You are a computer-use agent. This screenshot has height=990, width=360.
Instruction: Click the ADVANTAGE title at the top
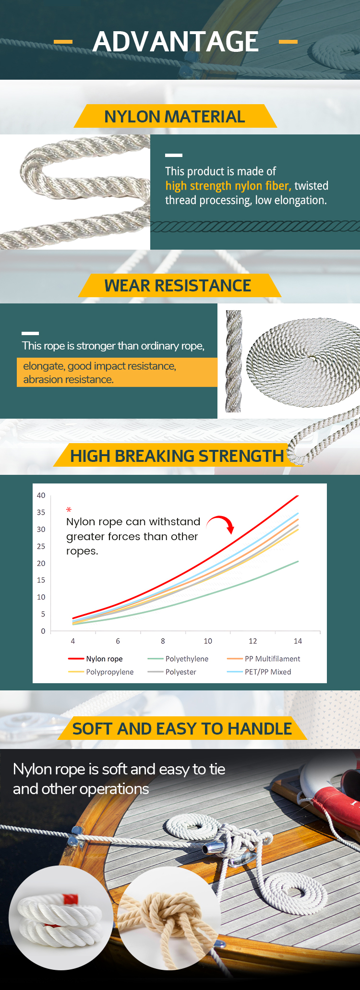[x=176, y=41]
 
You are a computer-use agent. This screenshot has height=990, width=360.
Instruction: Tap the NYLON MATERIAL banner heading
[x=175, y=117]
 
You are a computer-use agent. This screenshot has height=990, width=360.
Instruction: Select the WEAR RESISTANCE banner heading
[x=178, y=286]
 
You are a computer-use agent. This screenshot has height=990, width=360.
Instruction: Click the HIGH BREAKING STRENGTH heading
[x=177, y=456]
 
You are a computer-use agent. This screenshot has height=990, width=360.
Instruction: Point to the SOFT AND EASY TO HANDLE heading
[x=182, y=729]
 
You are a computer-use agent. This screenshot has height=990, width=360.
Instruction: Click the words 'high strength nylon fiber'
[x=228, y=186]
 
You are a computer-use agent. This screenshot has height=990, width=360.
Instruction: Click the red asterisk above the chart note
[x=69, y=510]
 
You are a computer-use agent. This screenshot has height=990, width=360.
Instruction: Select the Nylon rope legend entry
[x=96, y=659]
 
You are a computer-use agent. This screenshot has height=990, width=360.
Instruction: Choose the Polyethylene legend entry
[x=178, y=659]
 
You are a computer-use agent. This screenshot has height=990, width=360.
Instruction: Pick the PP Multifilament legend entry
[x=264, y=659]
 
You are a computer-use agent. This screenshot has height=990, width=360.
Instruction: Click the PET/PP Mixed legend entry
[x=259, y=672]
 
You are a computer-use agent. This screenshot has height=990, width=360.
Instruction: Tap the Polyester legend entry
[x=172, y=672]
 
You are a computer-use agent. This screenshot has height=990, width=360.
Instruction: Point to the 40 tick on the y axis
[x=41, y=495]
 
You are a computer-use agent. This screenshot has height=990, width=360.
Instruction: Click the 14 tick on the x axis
[x=298, y=641]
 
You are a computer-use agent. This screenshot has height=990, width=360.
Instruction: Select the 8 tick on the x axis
[x=163, y=641]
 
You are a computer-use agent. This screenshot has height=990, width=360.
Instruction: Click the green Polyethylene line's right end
[x=298, y=561]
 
